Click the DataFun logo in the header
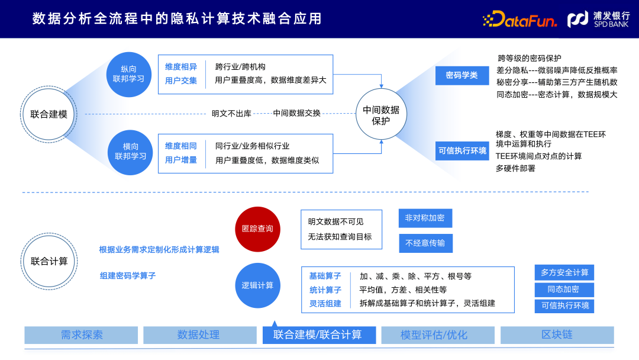(520, 20)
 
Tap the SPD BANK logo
(598, 20)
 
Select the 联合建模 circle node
(49, 114)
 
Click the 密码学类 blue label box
(461, 75)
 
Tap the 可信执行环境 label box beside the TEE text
(462, 151)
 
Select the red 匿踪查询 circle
(257, 229)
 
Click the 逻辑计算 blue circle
(257, 285)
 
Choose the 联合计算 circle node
(49, 261)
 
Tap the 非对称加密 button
(425, 218)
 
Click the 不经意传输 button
(425, 243)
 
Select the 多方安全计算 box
(564, 272)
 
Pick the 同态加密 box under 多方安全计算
(564, 290)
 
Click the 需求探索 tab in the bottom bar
(82, 335)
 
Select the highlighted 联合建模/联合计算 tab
(319, 335)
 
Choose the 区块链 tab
(557, 335)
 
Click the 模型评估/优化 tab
(438, 335)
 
